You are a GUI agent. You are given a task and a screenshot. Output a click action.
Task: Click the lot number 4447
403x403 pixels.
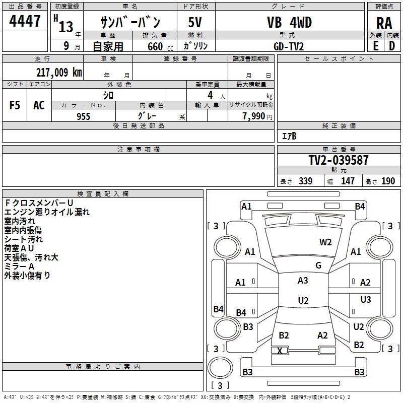pos(25,21)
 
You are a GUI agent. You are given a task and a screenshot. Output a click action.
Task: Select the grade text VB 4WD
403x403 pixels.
pos(289,22)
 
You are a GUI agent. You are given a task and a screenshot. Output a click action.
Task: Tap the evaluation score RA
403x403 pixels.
pos(384,23)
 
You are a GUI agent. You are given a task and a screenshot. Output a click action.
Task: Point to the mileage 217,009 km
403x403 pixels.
pos(59,73)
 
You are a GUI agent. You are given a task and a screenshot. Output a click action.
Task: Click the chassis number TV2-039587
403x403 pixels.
pos(339,160)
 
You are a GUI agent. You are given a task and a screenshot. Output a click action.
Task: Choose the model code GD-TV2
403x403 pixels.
pos(289,46)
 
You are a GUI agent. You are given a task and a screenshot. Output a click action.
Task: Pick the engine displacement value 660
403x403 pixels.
pos(155,46)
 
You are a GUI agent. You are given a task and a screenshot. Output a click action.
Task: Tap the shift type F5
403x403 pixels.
pos(15,105)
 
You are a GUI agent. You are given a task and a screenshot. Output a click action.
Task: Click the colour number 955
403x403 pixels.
pos(83,116)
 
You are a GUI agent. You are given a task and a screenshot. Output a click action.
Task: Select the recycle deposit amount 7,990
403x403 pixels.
pos(253,116)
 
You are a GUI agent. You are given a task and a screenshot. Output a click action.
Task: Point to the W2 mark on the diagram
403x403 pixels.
pos(325,242)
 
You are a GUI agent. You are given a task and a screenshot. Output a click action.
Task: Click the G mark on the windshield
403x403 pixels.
pos(318,265)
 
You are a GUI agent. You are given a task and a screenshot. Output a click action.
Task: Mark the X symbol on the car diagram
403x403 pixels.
pos(280,351)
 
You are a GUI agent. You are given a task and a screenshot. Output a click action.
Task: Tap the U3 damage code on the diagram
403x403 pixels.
pos(366,299)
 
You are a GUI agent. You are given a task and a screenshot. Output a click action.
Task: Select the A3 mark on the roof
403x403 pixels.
pos(303,281)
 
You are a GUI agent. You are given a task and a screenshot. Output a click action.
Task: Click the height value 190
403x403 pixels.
pos(388,181)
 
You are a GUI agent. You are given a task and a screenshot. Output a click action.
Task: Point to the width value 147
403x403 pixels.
pos(348,181)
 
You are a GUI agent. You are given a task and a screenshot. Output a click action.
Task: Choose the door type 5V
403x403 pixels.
pos(195,22)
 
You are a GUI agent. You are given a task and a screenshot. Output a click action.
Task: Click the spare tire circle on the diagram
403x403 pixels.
pos(220,367)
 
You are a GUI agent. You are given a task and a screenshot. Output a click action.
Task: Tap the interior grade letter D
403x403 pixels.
pos(392,46)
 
